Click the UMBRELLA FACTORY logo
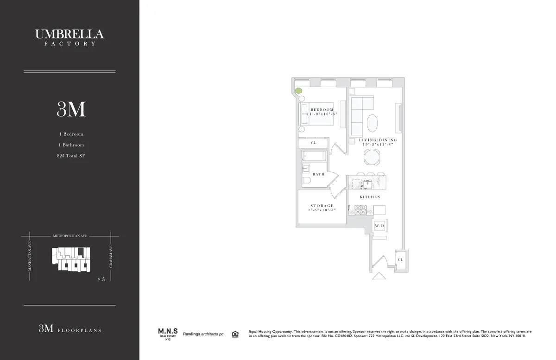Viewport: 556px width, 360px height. [x=69, y=37]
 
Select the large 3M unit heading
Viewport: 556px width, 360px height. [x=71, y=109]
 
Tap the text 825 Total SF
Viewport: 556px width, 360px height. [x=71, y=156]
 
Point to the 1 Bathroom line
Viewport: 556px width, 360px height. [x=71, y=145]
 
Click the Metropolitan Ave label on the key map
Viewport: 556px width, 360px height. [x=69, y=236]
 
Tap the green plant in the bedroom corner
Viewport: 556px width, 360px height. [x=299, y=91]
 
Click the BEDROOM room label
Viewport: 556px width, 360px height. [x=322, y=109]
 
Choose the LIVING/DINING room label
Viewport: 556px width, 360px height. [x=378, y=140]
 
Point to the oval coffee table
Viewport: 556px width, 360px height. [x=372, y=123]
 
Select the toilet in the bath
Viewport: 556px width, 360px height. [x=307, y=181]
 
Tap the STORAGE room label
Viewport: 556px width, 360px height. [x=322, y=206]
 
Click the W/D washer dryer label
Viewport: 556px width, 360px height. [x=379, y=226]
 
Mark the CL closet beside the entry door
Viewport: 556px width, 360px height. [x=400, y=260]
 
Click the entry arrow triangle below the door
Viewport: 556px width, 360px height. [x=379, y=276]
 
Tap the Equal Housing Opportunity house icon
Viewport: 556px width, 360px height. [x=235, y=334]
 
